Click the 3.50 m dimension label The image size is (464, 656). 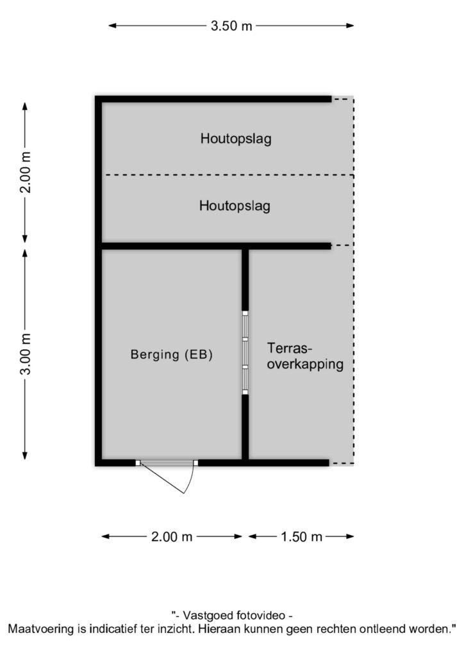point(231,26)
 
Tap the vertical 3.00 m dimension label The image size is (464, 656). point(26,354)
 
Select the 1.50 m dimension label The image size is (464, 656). point(301,537)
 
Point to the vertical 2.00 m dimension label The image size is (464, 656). point(26,172)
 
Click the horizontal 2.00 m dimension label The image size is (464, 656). point(172,537)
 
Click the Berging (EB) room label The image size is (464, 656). point(172,354)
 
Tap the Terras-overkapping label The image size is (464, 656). point(305,356)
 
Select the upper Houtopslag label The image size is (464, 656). point(236,138)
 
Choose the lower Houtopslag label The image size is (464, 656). point(235,206)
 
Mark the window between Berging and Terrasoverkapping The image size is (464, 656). point(245,353)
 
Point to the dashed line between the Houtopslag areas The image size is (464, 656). point(229,175)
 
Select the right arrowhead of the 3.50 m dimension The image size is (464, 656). point(350,26)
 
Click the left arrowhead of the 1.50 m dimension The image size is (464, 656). point(253,536)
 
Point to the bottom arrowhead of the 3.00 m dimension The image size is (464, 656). point(25,455)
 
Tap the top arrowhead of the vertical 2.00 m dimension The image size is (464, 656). point(25,107)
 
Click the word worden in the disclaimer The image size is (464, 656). point(429,629)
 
